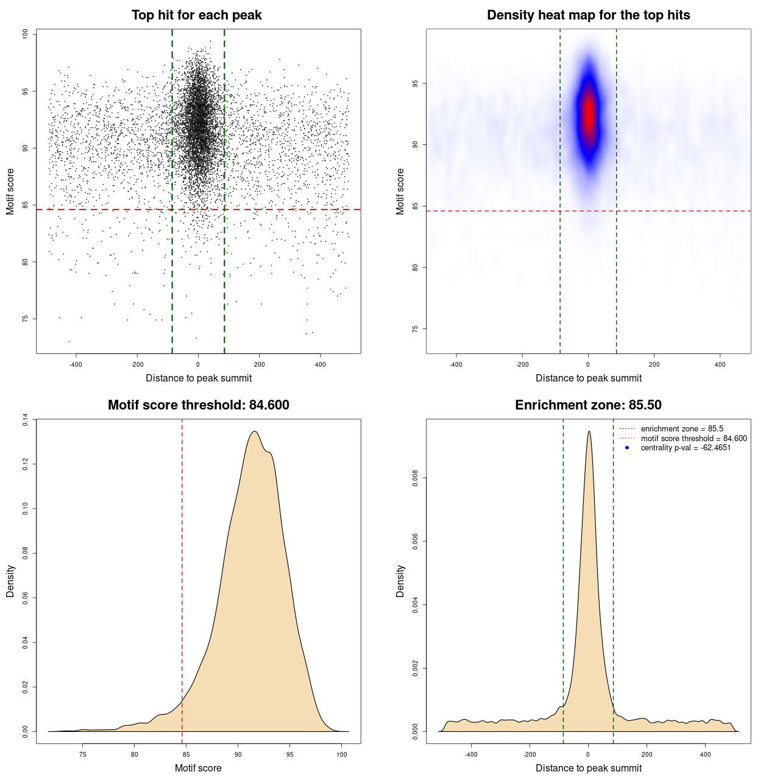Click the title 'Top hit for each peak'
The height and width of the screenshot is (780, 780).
[196, 15]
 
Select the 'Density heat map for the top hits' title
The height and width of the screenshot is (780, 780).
[588, 15]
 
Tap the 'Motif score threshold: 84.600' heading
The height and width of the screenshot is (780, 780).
[198, 405]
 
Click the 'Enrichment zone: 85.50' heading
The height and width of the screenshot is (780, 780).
[588, 405]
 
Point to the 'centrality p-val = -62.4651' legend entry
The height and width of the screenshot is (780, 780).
[686, 448]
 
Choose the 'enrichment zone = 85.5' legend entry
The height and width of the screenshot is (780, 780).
[682, 429]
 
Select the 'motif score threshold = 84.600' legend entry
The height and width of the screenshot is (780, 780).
[693, 439]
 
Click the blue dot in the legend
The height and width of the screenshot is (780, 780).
[627, 448]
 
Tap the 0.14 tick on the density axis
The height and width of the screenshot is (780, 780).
[25, 419]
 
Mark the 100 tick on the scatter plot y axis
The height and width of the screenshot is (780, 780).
[25, 34]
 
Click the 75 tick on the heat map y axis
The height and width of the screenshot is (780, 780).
[415, 329]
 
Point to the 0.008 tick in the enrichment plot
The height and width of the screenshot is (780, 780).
[415, 478]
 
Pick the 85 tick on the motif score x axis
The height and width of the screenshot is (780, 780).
[186, 754]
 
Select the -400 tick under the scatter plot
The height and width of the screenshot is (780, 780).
[76, 364]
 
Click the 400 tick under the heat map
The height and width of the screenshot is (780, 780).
[720, 364]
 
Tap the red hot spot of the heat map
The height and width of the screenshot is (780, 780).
[589, 113]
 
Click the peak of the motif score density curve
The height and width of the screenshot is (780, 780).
[255, 432]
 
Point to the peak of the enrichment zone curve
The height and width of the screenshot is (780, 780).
[589, 432]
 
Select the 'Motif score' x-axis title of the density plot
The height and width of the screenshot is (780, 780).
[198, 768]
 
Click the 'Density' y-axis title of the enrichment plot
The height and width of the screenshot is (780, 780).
[400, 581]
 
